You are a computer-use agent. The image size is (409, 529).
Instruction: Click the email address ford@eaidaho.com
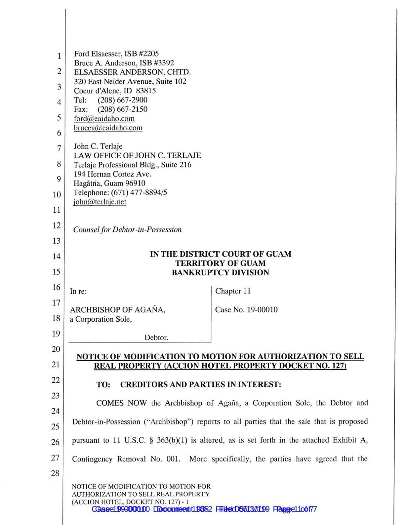click(104, 119)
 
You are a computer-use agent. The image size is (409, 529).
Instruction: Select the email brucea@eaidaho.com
click(108, 128)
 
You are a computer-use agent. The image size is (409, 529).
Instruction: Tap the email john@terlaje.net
click(100, 202)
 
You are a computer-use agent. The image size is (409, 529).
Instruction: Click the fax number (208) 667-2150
click(123, 109)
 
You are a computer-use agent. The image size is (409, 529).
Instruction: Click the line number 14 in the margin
click(56, 256)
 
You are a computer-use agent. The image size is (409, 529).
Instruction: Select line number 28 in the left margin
click(55, 473)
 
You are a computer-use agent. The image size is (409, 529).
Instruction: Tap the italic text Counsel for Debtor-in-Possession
click(127, 229)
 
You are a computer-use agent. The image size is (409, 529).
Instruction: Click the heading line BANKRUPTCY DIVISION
click(220, 272)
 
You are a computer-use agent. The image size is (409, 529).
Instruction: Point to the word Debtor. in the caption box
click(156, 338)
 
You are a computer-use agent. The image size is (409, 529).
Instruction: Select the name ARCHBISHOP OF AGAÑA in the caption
click(118, 310)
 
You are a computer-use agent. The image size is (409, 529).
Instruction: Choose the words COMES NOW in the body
click(121, 403)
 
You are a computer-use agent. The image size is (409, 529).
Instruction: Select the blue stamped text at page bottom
click(204, 509)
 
